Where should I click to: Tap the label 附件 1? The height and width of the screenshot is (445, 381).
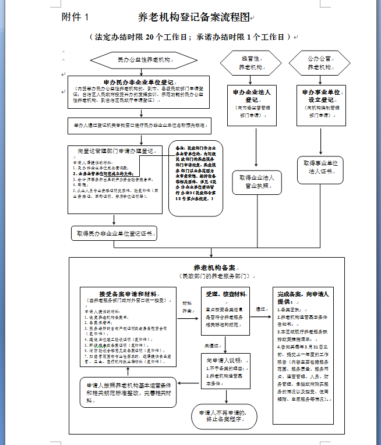point(76,17)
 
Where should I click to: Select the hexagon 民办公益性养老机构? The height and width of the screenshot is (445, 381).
point(143,60)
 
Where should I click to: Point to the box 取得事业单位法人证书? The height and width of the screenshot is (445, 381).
point(320,167)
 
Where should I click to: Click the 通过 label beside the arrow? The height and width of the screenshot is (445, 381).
point(261,309)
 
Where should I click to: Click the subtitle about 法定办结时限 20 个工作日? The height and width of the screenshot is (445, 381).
point(189,37)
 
